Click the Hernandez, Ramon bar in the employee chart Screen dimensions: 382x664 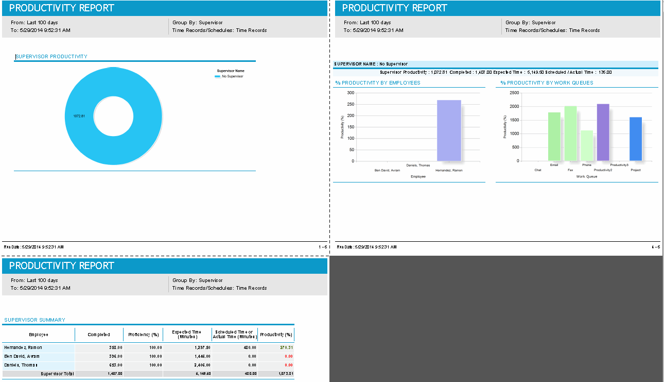449,130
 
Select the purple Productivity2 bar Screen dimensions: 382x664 603,132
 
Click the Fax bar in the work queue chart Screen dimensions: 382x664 570,134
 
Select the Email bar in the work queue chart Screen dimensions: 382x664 554,137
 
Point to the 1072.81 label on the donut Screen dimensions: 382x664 79,116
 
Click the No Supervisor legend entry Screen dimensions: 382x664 232,76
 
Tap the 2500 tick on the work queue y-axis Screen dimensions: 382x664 514,93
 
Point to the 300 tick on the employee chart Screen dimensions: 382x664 351,93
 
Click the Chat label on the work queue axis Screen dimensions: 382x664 538,170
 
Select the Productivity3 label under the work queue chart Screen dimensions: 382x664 619,165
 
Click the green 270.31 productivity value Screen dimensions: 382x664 286,347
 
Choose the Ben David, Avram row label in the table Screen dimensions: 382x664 22,356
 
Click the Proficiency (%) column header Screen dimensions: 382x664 143,335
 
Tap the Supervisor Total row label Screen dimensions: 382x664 58,373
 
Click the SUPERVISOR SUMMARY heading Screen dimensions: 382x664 34,320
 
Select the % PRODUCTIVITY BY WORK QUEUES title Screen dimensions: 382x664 546,83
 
